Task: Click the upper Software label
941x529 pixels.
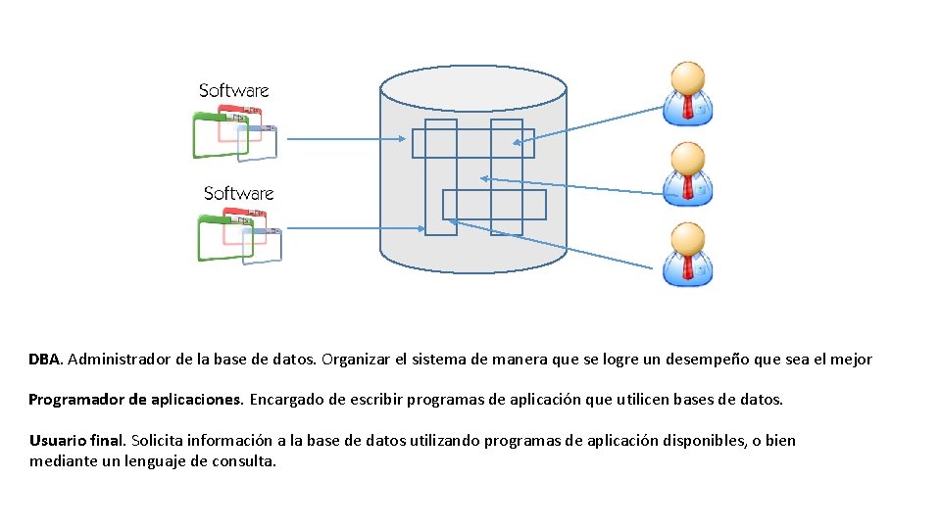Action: coord(233,91)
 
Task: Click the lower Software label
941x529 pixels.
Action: coord(238,193)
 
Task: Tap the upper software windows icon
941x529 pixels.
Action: coord(235,131)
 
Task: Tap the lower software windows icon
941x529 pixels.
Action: coord(239,234)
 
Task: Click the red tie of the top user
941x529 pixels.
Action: coord(688,107)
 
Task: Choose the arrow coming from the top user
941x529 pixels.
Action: coord(588,121)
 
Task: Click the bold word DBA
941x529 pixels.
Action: coord(45,360)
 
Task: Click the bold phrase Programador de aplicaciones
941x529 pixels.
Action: coord(135,400)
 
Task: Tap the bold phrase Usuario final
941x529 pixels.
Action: coord(77,441)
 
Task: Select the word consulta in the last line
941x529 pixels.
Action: coord(244,460)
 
